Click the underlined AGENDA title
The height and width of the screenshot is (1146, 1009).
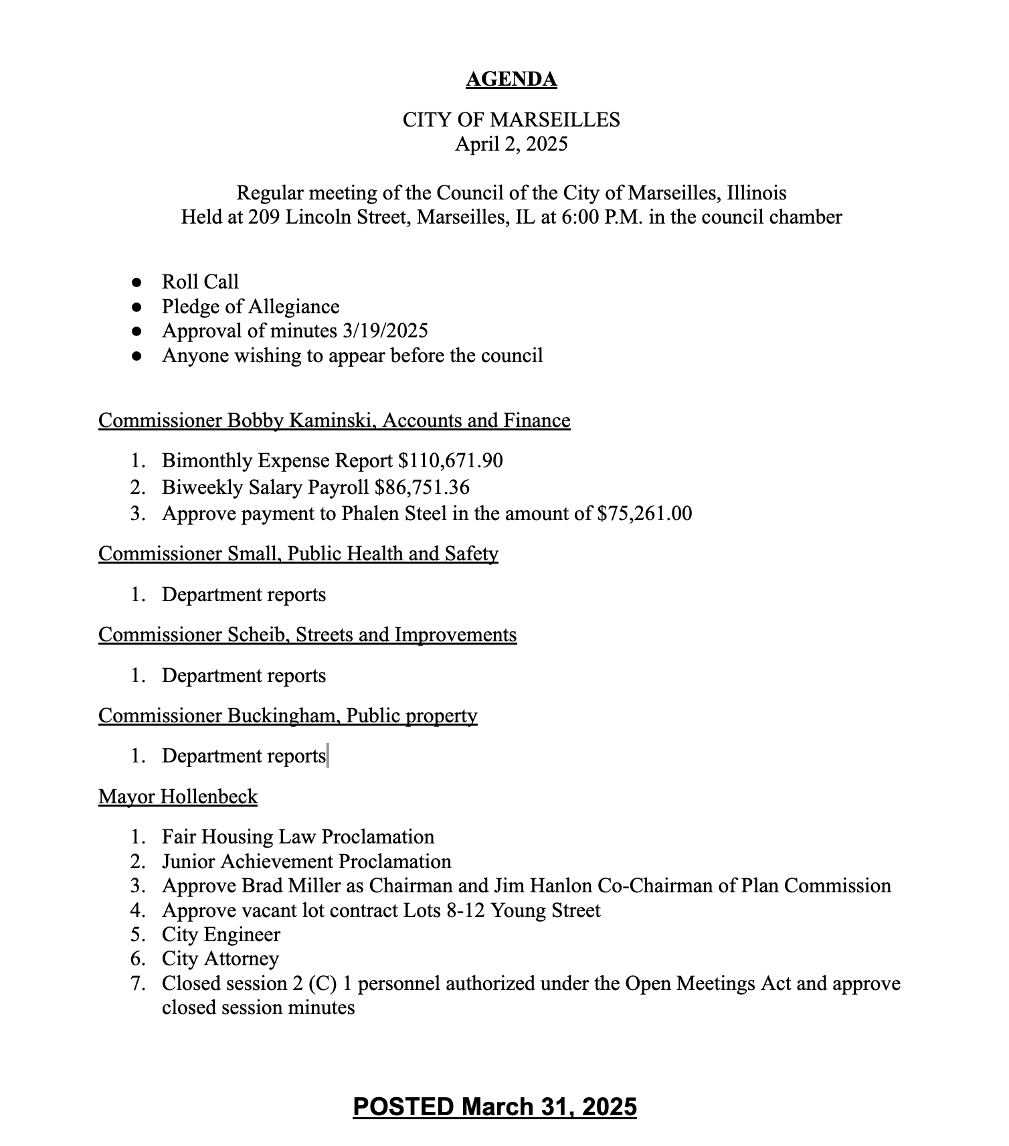pyautogui.click(x=511, y=80)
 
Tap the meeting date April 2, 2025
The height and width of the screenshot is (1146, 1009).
pyautogui.click(x=511, y=144)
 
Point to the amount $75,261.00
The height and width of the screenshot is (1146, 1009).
pyautogui.click(x=644, y=514)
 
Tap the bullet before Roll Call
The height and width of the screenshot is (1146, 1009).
pyautogui.click(x=137, y=282)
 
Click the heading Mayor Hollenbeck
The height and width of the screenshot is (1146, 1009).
pyautogui.click(x=178, y=797)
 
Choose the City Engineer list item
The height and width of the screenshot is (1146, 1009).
pyautogui.click(x=221, y=935)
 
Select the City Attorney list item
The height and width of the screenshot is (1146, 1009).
pyautogui.click(x=220, y=959)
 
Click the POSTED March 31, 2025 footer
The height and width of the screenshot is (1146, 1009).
pyautogui.click(x=494, y=1107)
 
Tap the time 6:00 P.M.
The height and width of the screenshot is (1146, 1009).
pyautogui.click(x=600, y=218)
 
